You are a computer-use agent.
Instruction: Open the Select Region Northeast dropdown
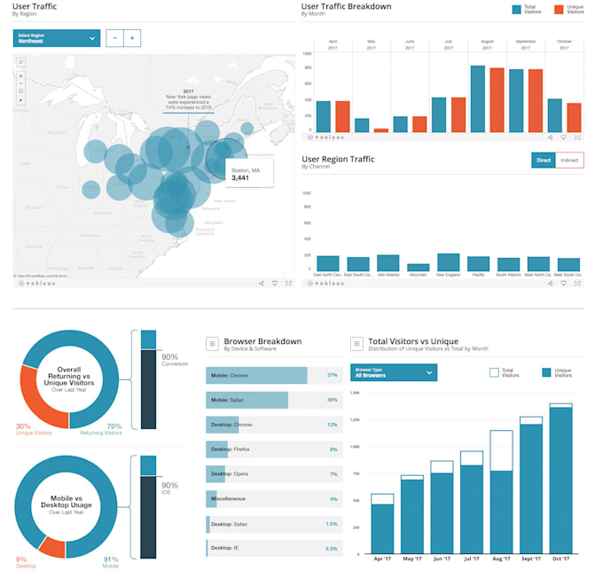pyautogui.click(x=56, y=38)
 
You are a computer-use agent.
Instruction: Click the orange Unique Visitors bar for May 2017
pyautogui.click(x=380, y=129)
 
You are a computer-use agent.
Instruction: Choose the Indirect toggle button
pyautogui.click(x=570, y=160)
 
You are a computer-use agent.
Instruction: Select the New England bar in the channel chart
pyautogui.click(x=449, y=262)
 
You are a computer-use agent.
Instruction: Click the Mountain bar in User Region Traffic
pyautogui.click(x=418, y=267)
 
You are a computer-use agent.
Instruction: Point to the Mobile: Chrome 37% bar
pyautogui.click(x=256, y=375)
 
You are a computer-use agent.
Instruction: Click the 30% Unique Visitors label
pyautogui.click(x=35, y=428)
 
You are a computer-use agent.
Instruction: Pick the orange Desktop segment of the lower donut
pyautogui.click(x=51, y=547)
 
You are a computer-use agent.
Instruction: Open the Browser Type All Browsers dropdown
pyautogui.click(x=394, y=372)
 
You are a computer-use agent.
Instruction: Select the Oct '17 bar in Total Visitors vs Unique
pyautogui.click(x=560, y=480)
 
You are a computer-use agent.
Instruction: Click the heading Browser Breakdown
pyautogui.click(x=262, y=341)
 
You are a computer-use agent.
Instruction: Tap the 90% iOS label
pyautogui.click(x=169, y=488)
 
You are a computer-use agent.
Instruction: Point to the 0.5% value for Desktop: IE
pyautogui.click(x=332, y=548)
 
